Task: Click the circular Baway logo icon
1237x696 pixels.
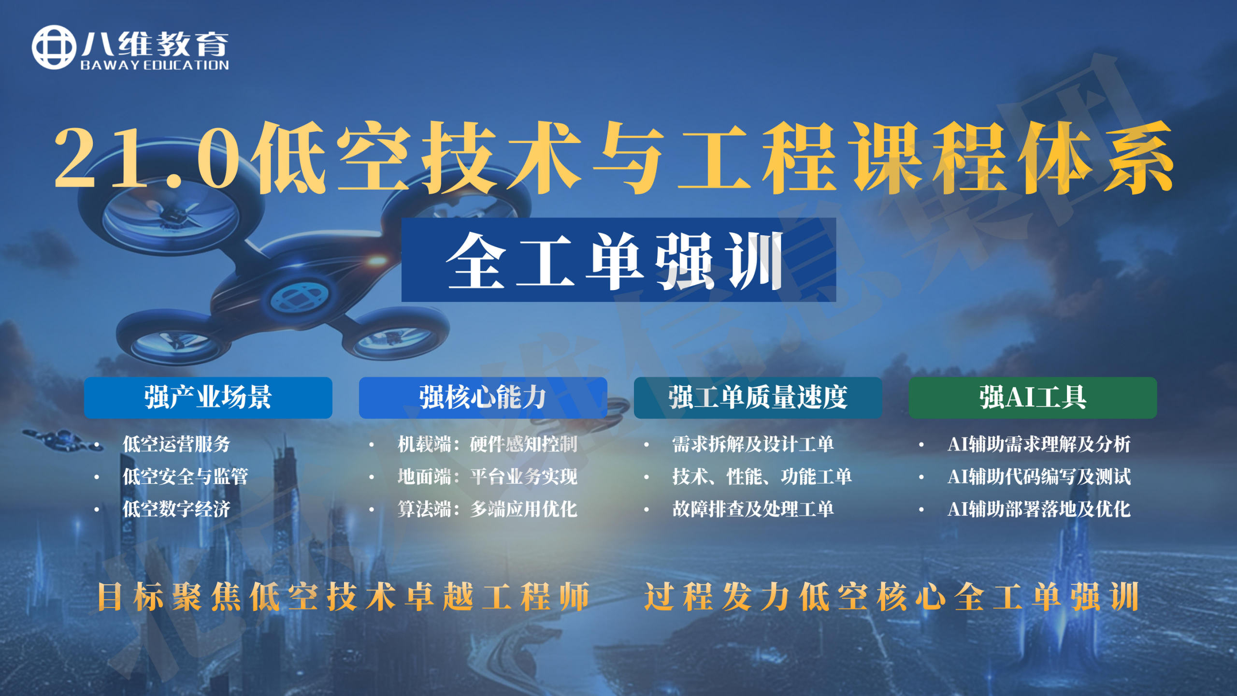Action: [54, 47]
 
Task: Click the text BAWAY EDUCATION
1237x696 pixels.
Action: [155, 65]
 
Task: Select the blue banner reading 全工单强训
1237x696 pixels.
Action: [618, 260]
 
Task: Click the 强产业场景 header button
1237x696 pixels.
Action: [208, 398]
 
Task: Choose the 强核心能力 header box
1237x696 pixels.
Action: [483, 398]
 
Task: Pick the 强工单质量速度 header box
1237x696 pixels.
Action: [758, 398]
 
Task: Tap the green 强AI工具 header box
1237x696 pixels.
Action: [1033, 398]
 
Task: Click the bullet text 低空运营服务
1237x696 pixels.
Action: [176, 444]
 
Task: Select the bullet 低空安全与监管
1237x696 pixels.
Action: [185, 477]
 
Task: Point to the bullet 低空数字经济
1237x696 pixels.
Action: [176, 509]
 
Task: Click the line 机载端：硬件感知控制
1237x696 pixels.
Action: [487, 444]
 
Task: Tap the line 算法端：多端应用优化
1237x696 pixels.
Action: [487, 509]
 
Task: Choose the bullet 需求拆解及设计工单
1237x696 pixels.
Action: [753, 444]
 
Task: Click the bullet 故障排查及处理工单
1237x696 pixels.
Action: [753, 509]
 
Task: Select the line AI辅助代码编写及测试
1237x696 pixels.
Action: [1039, 477]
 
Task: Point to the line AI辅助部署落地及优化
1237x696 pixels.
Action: [1039, 509]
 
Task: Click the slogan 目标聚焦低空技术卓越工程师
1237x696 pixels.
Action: [344, 597]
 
